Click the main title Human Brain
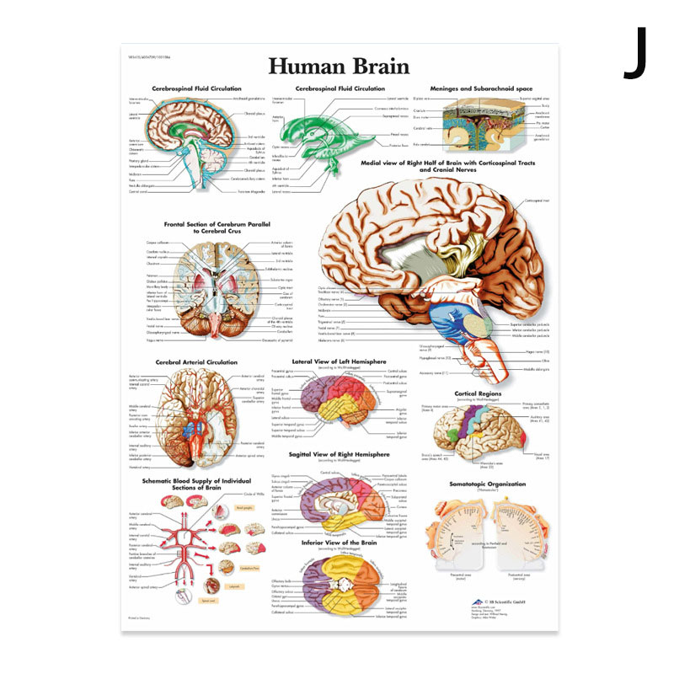tap(339, 67)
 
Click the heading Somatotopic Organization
tap(489, 484)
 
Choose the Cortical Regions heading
tap(478, 393)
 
